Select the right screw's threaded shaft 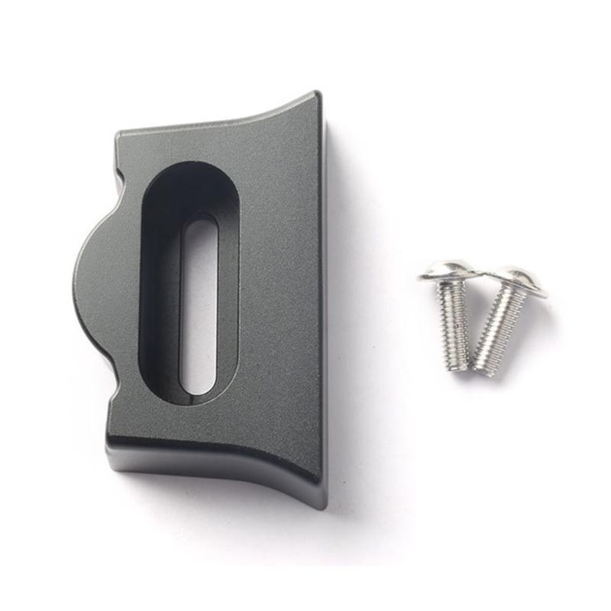(x=499, y=325)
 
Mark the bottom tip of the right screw (x=481, y=370)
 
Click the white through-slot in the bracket (x=199, y=305)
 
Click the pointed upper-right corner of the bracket (x=315, y=95)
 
